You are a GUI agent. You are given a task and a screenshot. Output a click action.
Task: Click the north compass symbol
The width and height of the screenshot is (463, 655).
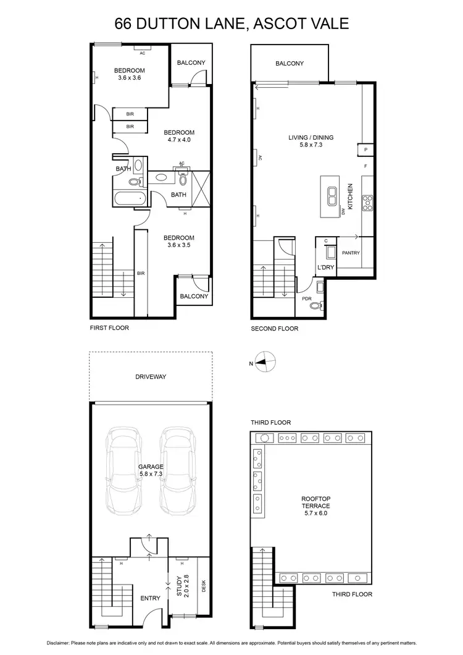[265, 363]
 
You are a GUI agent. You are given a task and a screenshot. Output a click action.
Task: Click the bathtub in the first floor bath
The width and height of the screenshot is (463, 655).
[129, 200]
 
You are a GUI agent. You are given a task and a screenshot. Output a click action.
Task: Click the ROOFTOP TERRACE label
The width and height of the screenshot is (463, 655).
[315, 501]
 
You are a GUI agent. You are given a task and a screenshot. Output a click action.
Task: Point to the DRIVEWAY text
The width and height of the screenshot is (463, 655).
[151, 376]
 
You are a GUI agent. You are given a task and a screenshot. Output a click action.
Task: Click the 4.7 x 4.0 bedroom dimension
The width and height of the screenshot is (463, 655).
[178, 140]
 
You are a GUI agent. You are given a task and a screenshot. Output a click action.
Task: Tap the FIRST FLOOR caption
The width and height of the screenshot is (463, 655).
[109, 327]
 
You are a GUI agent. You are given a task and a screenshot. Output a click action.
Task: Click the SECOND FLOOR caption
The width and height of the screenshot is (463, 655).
[274, 329]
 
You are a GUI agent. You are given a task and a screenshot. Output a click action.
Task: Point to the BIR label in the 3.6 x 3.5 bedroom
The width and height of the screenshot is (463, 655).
[141, 273]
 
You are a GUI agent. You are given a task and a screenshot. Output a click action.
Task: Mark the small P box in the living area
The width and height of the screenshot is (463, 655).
[365, 150]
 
